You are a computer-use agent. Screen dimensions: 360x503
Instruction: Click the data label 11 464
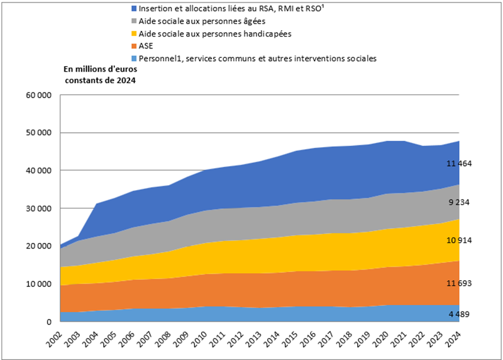[459, 164]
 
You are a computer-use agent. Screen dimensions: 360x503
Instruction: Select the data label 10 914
[459, 240]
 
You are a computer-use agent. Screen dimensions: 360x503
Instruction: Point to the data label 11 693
[459, 284]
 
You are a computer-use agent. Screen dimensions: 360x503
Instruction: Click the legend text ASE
[145, 45]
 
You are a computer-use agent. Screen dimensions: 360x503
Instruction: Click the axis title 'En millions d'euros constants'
[101, 74]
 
